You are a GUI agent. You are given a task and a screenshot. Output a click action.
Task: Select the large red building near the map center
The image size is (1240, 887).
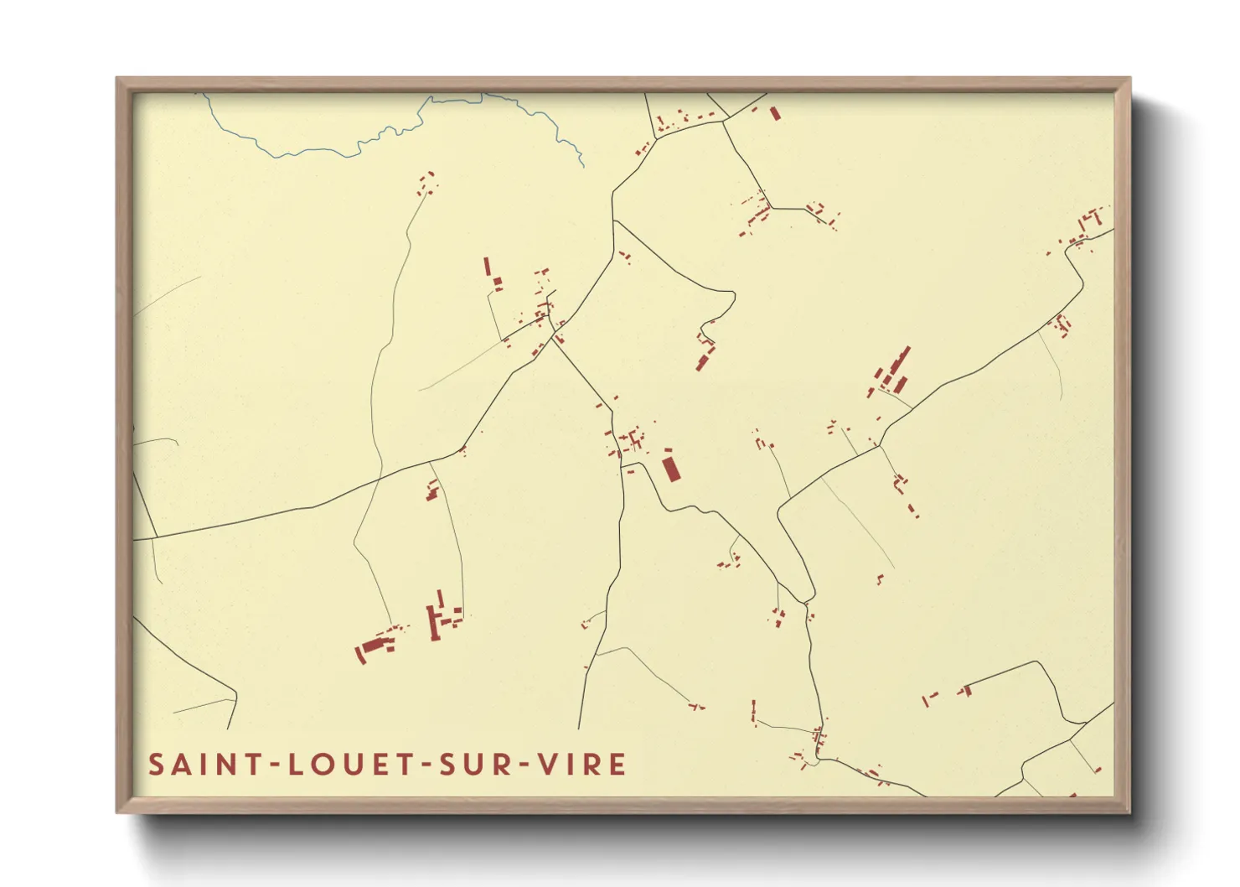coord(670,468)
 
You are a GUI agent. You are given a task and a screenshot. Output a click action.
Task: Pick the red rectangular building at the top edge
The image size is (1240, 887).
coord(775,112)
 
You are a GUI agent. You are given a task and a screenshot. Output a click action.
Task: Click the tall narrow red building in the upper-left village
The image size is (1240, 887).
coord(487,267)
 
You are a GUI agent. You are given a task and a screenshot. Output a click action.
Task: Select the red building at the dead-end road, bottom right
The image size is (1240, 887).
coord(967,691)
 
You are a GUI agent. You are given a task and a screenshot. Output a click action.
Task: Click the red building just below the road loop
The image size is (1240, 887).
coord(702,361)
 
